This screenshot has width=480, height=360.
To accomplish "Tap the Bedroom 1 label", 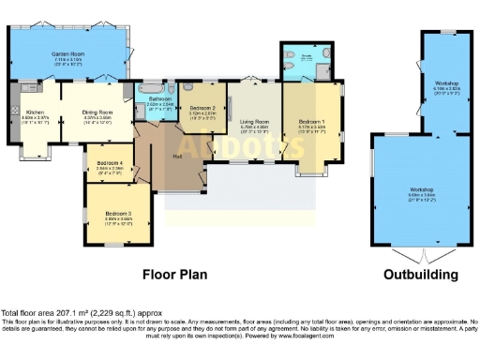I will coord(311,122).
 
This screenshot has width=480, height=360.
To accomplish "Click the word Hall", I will coord(178,156).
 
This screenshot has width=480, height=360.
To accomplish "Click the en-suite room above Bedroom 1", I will coord(306,64).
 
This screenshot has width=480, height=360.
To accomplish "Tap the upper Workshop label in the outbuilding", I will coord(446,84).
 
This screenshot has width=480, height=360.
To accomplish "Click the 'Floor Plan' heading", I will coord(174,275).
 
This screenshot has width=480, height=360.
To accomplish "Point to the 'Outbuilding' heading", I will coord(421,275).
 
